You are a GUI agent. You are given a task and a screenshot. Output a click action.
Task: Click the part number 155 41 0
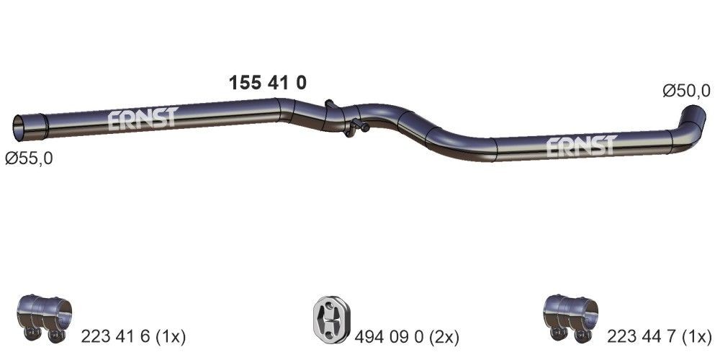pos(267,83)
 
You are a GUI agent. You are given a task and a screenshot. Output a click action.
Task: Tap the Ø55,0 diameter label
pos(29,158)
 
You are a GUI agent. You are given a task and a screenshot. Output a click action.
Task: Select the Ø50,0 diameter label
pos(686,91)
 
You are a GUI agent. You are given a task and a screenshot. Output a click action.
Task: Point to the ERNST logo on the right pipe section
pos(580,146)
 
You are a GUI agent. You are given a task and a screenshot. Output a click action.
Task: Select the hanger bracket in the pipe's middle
pos(343,119)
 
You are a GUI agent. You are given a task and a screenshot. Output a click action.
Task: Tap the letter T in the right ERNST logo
pos(609,146)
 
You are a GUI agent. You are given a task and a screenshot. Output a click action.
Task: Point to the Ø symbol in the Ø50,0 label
pos(668,91)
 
